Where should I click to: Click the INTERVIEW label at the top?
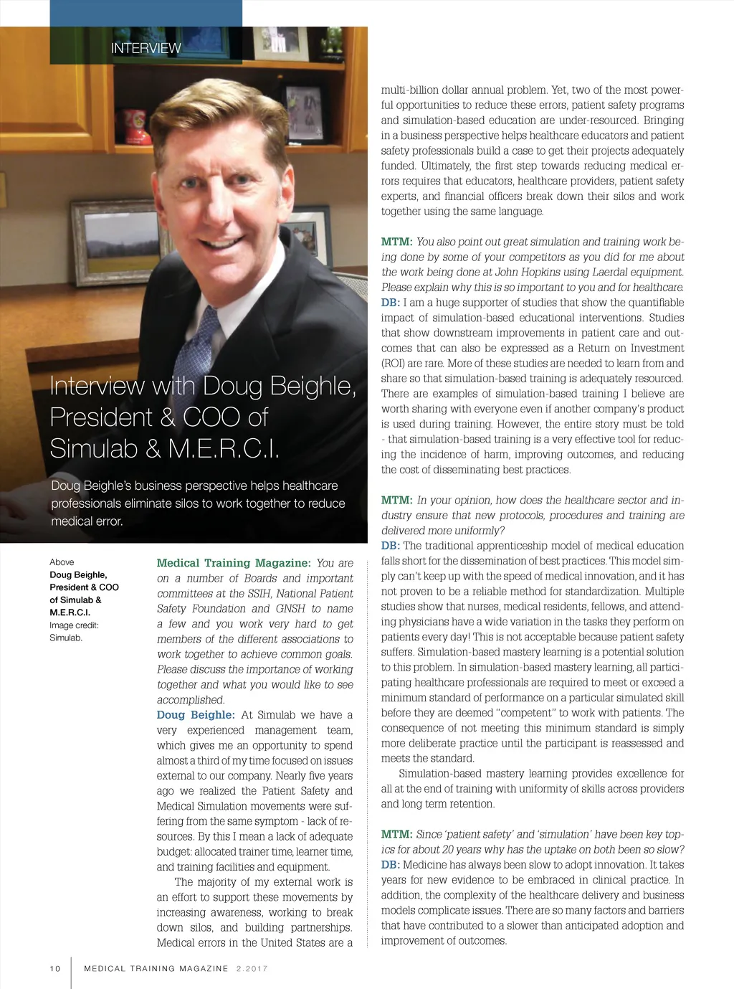coord(146,49)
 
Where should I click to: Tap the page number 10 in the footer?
coord(55,968)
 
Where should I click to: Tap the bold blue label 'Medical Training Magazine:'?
coord(234,563)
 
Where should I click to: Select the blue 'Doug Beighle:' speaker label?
coord(196,715)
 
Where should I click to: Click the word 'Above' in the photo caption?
coord(62,562)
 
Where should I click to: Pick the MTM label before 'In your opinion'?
coord(396,501)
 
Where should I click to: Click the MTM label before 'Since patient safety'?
coord(396,835)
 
